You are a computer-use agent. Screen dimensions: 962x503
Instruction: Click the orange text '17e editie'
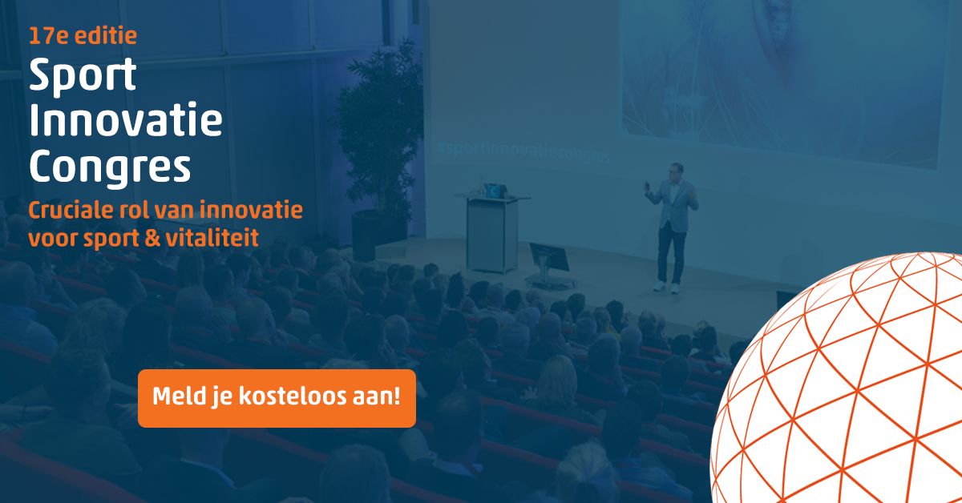(x=83, y=35)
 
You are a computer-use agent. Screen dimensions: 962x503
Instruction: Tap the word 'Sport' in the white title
(x=83, y=76)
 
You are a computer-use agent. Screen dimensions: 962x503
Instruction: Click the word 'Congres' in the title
(x=110, y=168)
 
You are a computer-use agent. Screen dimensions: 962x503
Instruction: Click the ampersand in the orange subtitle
(x=152, y=237)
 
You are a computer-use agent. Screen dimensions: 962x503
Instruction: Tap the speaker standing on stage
(x=671, y=228)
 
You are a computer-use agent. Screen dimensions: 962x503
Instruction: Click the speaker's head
(x=676, y=171)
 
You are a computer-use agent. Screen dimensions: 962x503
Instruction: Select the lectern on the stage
(x=492, y=233)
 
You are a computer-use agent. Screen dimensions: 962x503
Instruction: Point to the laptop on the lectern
(x=495, y=191)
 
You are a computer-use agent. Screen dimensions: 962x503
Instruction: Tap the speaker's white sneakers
(x=666, y=288)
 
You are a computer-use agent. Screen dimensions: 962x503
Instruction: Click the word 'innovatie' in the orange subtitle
(x=251, y=210)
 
